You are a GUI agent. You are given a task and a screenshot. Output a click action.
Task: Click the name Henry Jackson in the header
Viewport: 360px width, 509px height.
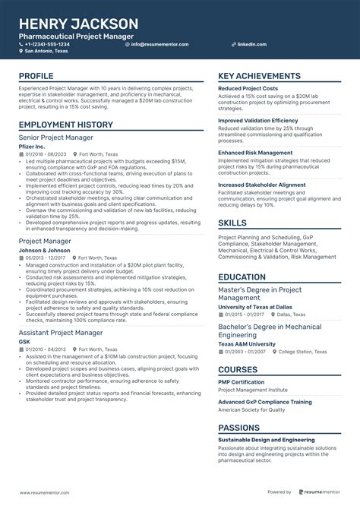point(79,24)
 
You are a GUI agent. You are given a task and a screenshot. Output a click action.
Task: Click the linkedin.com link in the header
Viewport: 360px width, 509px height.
point(251,44)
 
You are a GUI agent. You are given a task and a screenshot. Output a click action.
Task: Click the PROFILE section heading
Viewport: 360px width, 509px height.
point(36,77)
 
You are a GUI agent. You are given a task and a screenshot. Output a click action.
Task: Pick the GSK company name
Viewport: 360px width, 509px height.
point(24,341)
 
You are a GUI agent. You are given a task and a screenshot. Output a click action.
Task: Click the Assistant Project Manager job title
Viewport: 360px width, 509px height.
point(60,333)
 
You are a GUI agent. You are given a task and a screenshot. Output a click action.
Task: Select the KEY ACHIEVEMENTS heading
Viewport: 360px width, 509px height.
point(258,77)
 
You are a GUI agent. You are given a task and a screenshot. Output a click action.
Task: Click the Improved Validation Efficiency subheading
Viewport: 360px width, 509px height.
point(258,120)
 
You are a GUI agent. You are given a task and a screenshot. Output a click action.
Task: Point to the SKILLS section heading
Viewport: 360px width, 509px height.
point(232,223)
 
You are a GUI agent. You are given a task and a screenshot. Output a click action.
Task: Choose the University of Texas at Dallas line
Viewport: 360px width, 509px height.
point(255,306)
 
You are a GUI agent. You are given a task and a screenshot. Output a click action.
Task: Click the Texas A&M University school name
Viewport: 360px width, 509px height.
point(248,344)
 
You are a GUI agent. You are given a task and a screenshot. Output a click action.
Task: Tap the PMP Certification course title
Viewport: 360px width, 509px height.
point(241,382)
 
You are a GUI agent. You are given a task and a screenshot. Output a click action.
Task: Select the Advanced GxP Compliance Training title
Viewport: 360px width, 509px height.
point(264,402)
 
